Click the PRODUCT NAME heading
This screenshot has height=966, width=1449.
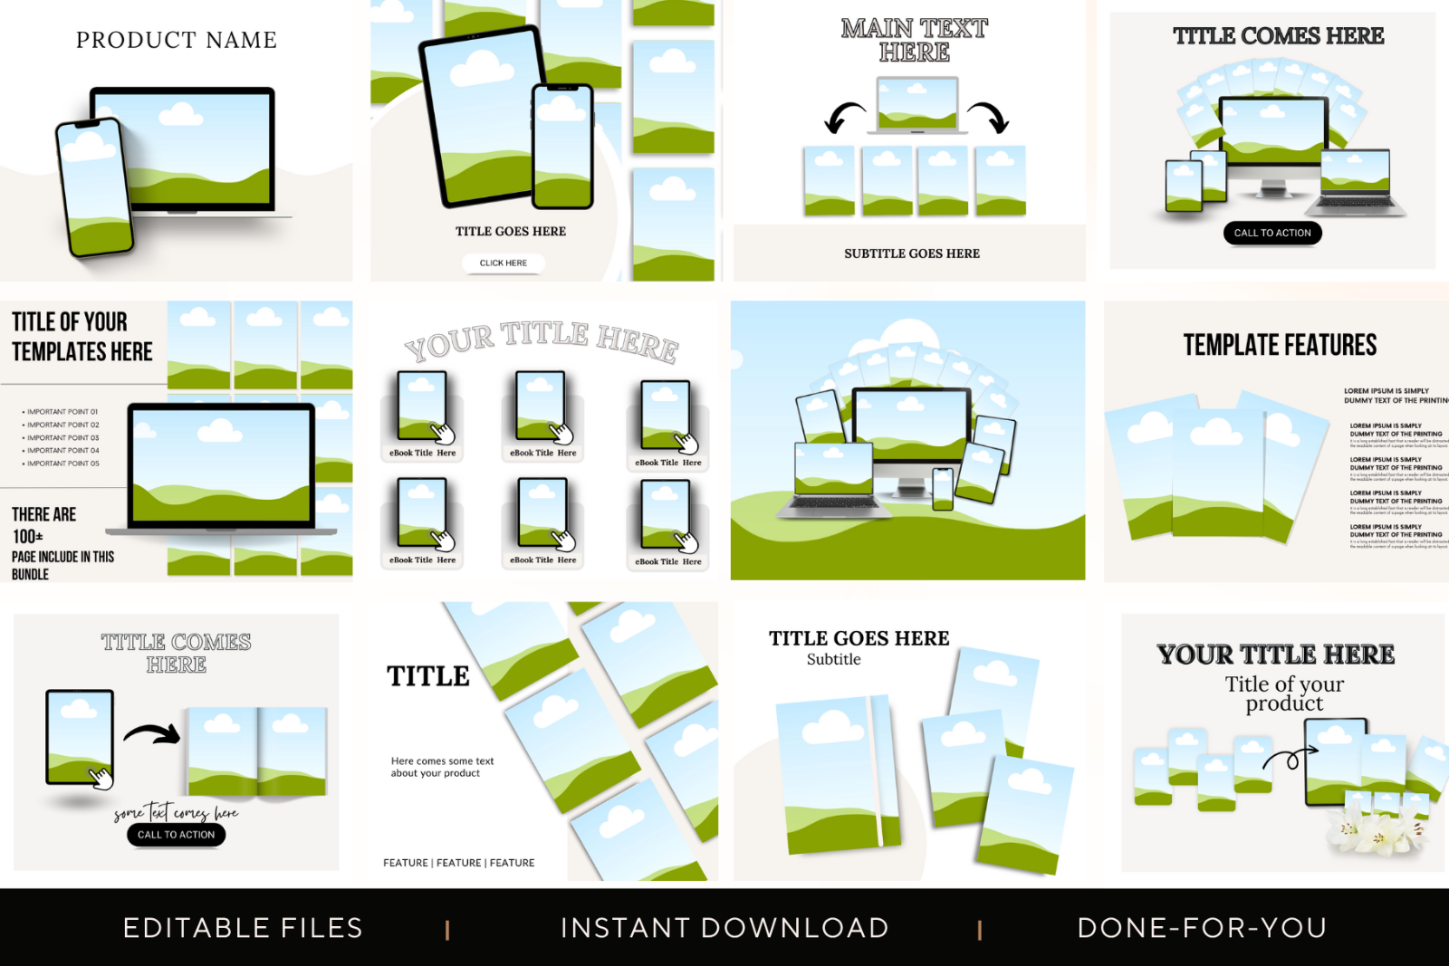click(177, 40)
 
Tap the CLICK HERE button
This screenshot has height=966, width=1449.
click(504, 263)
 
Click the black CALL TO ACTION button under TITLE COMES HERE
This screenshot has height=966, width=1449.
click(1272, 233)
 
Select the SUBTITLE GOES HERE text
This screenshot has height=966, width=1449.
click(912, 253)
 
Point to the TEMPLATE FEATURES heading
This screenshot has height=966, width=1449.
click(1280, 345)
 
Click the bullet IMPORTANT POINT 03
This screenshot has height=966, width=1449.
click(62, 437)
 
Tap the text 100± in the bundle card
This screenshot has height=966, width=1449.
click(27, 536)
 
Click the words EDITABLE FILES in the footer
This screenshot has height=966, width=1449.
click(243, 928)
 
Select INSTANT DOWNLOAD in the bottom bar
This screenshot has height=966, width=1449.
click(724, 928)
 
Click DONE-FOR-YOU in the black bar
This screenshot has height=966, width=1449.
click(1202, 928)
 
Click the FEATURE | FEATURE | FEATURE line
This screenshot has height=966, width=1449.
click(458, 863)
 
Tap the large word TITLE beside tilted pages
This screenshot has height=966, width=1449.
click(428, 676)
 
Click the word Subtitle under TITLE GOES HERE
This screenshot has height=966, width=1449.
click(833, 659)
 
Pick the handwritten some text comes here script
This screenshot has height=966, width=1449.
click(177, 812)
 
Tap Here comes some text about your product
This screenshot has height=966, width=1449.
click(442, 767)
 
